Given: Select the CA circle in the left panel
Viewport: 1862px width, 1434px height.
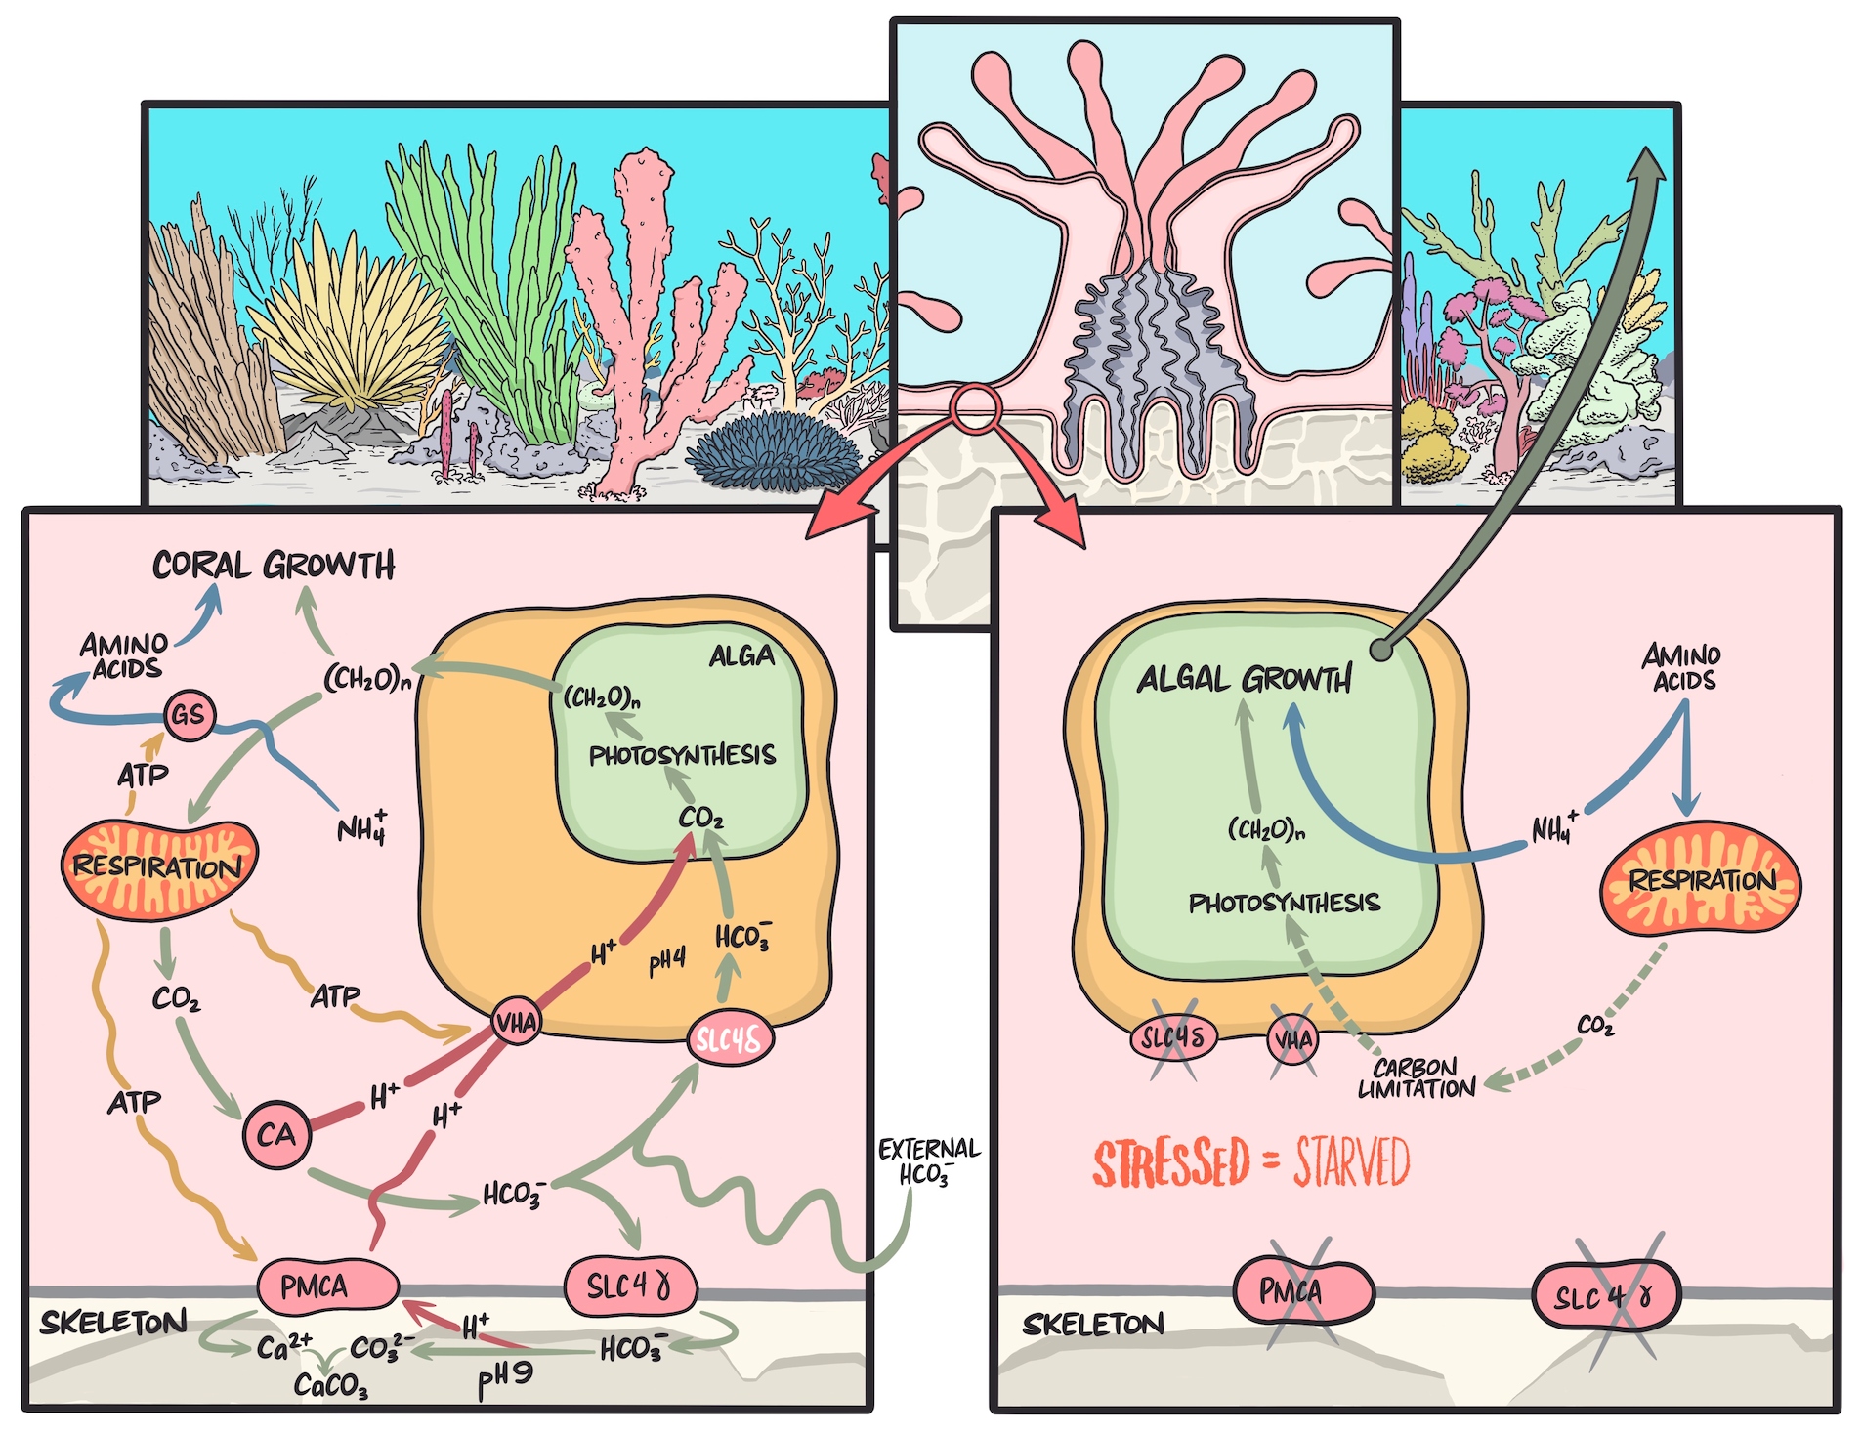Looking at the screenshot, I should coord(275,1134).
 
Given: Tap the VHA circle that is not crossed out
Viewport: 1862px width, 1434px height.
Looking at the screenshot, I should coord(517,1023).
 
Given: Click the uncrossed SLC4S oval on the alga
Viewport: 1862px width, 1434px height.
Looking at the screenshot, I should coord(730,1039).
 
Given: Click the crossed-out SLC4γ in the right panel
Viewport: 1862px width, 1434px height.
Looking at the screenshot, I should coord(1605,1297).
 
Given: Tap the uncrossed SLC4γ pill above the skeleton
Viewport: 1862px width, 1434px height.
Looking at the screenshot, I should coord(630,1286).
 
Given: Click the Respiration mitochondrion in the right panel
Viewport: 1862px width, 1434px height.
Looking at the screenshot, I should coord(1700,880).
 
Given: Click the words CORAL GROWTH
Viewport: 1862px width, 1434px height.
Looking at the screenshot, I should coord(274,565).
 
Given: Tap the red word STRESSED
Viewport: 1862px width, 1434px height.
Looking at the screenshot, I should coord(1170,1163).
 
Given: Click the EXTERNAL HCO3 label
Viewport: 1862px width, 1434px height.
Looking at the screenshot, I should coord(928,1160).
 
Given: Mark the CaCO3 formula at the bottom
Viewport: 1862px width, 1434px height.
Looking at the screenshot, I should coord(330,1384).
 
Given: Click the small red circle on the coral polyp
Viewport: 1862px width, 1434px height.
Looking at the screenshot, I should coord(974,408).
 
